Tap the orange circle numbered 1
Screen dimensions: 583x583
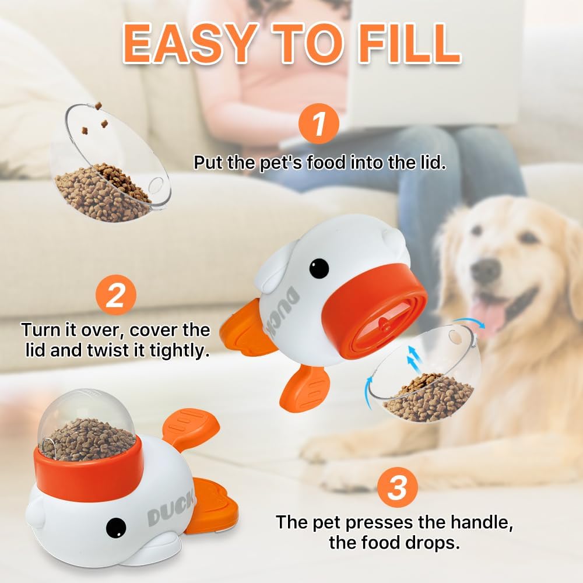click(x=318, y=124)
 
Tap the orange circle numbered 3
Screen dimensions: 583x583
click(x=396, y=489)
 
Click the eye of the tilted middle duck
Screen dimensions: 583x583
click(x=318, y=269)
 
